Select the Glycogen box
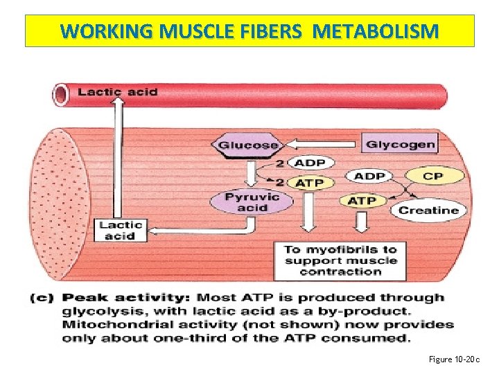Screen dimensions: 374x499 click(x=400, y=144)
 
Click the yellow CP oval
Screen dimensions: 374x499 click(x=432, y=176)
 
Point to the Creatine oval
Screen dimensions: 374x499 click(x=428, y=210)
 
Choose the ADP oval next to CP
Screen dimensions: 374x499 click(x=369, y=176)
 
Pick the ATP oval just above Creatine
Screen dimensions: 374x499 click(x=362, y=201)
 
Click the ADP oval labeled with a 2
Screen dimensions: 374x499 click(x=310, y=163)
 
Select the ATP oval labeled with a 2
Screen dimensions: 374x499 click(x=310, y=184)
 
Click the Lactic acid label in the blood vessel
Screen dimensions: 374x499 click(x=117, y=91)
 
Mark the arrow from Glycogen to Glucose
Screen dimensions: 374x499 click(x=322, y=145)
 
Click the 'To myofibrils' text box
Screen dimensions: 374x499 click(x=340, y=260)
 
